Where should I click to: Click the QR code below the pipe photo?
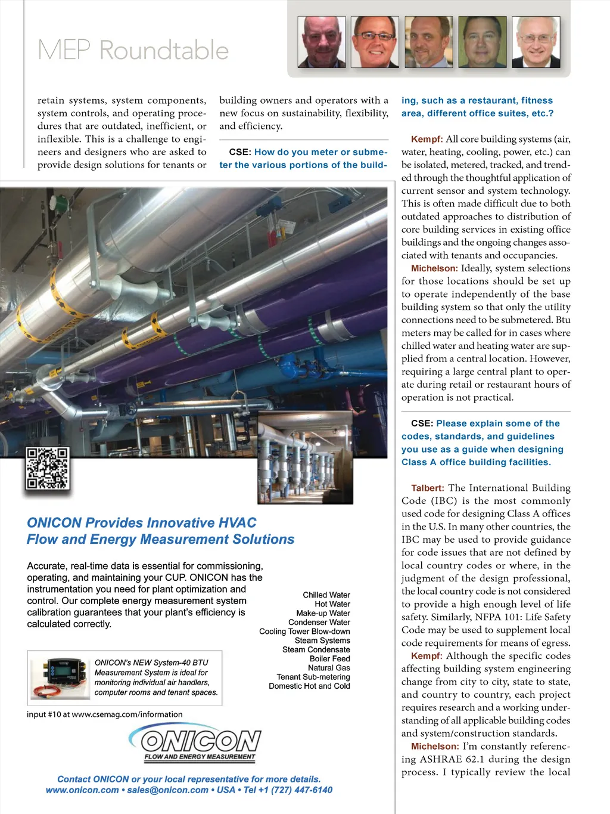click(48, 469)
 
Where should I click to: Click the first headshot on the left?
click(322, 42)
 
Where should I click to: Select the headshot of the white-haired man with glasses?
click(537, 42)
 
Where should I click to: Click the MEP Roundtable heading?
click(133, 50)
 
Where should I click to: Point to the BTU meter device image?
click(60, 677)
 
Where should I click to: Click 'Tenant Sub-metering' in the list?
click(313, 677)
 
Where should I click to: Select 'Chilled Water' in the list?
click(326, 595)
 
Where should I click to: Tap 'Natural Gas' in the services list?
click(329, 668)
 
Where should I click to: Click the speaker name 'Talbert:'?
click(427, 488)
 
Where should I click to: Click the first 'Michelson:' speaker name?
click(434, 268)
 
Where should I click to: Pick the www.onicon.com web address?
click(82, 790)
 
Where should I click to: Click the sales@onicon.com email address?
click(167, 790)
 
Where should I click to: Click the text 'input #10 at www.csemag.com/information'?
click(105, 714)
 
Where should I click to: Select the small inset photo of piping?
click(305, 457)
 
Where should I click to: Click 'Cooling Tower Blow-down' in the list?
click(304, 632)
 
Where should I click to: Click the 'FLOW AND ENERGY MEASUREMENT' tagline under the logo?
click(200, 757)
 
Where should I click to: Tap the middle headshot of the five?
click(429, 42)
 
